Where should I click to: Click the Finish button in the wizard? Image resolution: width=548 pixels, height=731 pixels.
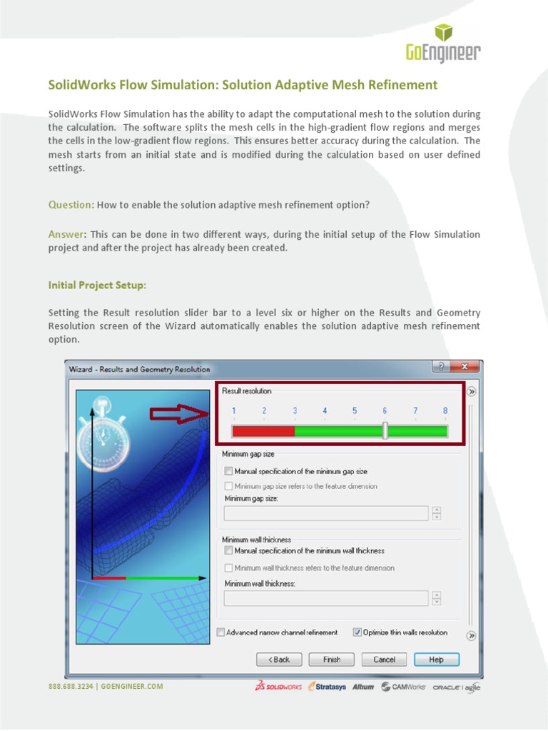(x=331, y=660)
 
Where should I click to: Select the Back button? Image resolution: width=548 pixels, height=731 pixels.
(x=279, y=660)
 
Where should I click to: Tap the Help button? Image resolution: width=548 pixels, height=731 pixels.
(x=436, y=660)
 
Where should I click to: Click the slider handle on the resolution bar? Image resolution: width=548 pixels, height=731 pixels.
(x=385, y=430)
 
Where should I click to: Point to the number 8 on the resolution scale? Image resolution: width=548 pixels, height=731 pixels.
(x=445, y=411)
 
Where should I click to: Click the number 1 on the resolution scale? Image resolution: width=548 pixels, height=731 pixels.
(x=233, y=411)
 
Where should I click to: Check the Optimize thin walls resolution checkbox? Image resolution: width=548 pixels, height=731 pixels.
(x=357, y=632)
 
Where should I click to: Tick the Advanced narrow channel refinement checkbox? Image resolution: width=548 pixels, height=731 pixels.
(x=220, y=632)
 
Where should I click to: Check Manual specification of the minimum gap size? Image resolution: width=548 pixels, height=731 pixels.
(x=228, y=471)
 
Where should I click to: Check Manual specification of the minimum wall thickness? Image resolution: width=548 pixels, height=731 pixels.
(x=228, y=551)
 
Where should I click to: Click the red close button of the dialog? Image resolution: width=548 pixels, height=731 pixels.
(x=465, y=367)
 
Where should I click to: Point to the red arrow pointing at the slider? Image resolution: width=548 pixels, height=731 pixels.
(x=178, y=414)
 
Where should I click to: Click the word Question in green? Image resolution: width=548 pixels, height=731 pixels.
(x=70, y=205)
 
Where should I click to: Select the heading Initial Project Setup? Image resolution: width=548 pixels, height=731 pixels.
(x=97, y=285)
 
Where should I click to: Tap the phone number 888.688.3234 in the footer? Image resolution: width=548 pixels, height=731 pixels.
(x=71, y=687)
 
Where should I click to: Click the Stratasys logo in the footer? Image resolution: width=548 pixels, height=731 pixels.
(x=328, y=687)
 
